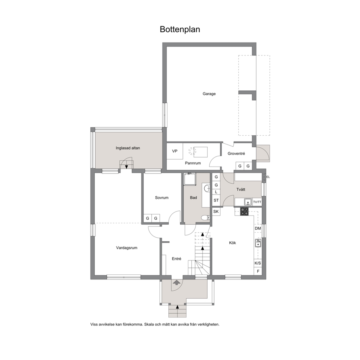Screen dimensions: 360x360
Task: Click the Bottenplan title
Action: point(180,29)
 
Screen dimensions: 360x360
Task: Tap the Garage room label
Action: point(209,94)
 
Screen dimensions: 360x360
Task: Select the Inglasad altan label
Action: point(128,148)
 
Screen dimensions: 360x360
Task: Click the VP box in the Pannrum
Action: point(175,151)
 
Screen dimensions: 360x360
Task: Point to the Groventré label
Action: point(236,154)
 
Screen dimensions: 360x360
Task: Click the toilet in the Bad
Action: point(205,217)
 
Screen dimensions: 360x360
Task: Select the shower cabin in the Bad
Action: point(190,179)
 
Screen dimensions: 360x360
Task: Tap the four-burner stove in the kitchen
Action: point(244,211)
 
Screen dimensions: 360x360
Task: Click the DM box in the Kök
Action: point(258,228)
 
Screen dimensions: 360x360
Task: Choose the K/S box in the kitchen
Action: point(258,263)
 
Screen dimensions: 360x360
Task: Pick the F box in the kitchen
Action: point(258,271)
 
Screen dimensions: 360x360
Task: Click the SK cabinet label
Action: point(216,212)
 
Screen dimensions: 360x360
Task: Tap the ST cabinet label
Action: point(216,200)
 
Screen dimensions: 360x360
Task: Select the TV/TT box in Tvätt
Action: point(257,202)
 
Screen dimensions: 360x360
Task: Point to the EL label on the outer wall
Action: point(268,177)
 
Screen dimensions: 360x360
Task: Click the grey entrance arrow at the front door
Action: point(177,282)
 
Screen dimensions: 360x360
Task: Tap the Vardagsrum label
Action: point(127,248)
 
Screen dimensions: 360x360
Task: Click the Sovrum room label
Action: point(161,198)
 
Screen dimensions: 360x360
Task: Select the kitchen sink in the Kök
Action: point(258,243)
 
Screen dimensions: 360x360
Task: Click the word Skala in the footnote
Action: point(148,324)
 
